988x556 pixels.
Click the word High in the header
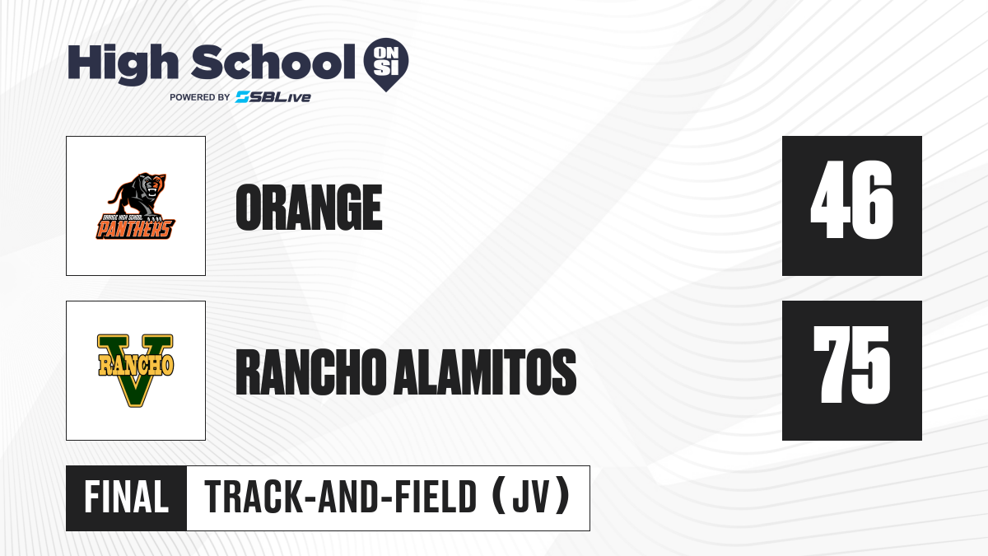[x=123, y=64]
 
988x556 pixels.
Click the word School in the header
[x=273, y=62]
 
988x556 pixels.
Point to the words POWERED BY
[x=200, y=97]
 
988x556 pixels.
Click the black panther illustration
[x=137, y=196]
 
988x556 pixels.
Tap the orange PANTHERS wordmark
[x=135, y=229]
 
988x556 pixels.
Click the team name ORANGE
[x=309, y=208]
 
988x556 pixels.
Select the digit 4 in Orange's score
[x=829, y=199]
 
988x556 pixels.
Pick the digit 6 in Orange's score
[x=873, y=200]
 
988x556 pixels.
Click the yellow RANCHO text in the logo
[x=135, y=364]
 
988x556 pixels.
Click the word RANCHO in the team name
[x=311, y=372]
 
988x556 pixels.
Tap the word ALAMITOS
[x=485, y=372]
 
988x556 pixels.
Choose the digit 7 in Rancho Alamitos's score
[x=832, y=364]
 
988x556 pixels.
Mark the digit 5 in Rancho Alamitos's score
[x=872, y=366]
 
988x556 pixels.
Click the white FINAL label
[x=126, y=497]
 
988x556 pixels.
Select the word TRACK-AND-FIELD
[x=341, y=497]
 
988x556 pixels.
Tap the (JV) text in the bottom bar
[x=532, y=497]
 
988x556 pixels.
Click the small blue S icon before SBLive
[x=242, y=97]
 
